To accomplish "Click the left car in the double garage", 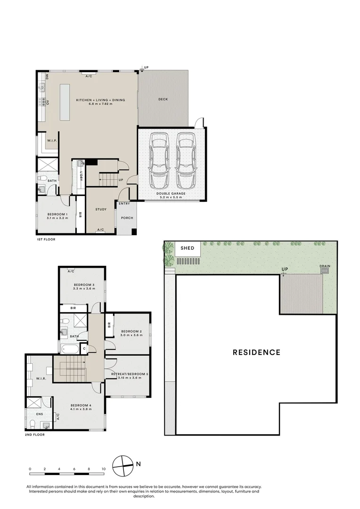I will (158, 160).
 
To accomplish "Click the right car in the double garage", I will (185, 160).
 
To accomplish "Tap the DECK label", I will (163, 99).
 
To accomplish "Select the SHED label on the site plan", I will (188, 248).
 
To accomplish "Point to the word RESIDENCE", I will (256, 352).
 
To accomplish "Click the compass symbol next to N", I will (123, 464).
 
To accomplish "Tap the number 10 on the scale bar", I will (103, 469).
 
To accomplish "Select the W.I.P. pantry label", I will (51, 140).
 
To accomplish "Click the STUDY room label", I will (101, 209).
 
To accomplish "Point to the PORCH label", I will (127, 218).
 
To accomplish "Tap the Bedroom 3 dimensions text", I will (84, 289).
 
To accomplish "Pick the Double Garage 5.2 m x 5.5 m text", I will (172, 196).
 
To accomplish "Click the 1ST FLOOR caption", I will (46, 240).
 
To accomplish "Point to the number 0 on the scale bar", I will (30, 469).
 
